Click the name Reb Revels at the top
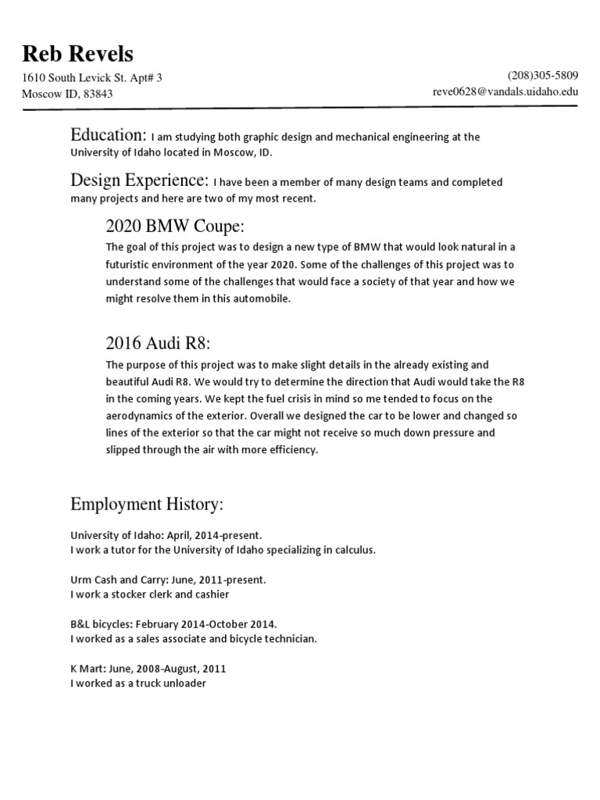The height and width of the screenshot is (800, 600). click(77, 54)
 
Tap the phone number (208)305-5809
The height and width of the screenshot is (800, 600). click(543, 76)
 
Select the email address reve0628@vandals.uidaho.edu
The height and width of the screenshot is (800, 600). click(505, 91)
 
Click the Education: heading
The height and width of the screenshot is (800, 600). click(108, 134)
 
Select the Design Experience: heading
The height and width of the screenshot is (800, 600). click(140, 180)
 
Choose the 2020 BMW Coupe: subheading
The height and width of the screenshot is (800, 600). click(175, 227)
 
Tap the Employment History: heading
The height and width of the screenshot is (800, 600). click(147, 505)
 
